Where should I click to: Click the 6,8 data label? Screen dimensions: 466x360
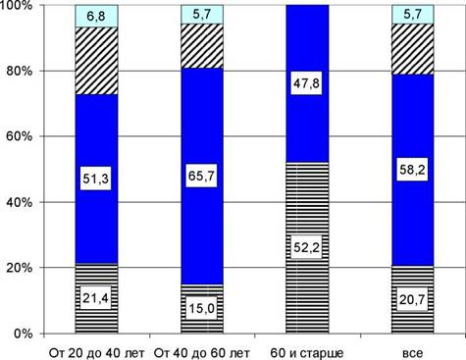click(96, 16)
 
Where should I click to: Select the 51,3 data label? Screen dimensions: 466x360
click(96, 179)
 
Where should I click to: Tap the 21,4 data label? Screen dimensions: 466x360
click(96, 298)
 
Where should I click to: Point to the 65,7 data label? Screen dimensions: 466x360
click(201, 177)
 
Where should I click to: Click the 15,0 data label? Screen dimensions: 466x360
click(201, 308)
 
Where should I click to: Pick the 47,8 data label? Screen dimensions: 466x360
click(306, 83)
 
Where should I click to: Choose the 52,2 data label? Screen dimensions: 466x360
click(306, 247)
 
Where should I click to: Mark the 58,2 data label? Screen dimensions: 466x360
click(412, 170)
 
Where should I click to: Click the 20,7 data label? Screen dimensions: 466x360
click(412, 299)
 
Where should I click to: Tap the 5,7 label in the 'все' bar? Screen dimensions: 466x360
click(412, 15)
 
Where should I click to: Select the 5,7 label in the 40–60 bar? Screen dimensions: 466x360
click(202, 15)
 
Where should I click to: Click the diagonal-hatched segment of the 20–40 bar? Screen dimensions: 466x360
click(96, 61)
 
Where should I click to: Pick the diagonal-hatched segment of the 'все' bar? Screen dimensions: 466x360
click(413, 49)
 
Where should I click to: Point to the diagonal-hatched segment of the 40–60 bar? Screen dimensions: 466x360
click(202, 46)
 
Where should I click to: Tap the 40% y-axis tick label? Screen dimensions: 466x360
click(20, 202)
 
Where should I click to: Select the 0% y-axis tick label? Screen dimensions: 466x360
click(24, 334)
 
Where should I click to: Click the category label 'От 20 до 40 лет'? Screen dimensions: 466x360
click(96, 353)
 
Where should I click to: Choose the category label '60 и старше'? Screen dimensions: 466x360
click(307, 353)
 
